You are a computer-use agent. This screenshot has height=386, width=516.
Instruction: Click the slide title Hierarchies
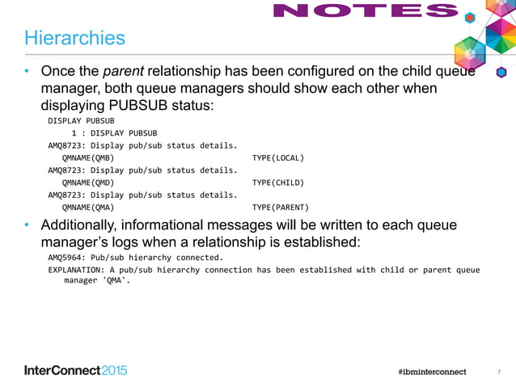pyautogui.click(x=74, y=38)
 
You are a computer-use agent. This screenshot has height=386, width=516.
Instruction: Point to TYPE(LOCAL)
pyautogui.click(x=277, y=159)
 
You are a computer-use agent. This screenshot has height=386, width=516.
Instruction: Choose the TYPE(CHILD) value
pyautogui.click(x=277, y=183)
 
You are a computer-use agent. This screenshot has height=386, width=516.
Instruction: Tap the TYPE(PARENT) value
pyautogui.click(x=280, y=206)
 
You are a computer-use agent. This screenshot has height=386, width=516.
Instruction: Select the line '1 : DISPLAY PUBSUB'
pyautogui.click(x=114, y=132)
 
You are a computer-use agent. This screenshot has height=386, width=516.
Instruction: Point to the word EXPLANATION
pyautogui.click(x=76, y=270)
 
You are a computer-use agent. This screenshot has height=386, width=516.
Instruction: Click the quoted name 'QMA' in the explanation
pyautogui.click(x=116, y=282)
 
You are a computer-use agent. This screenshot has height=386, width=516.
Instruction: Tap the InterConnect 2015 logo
pyautogui.click(x=75, y=371)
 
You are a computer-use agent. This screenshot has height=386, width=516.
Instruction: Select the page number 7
pyautogui.click(x=499, y=371)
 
